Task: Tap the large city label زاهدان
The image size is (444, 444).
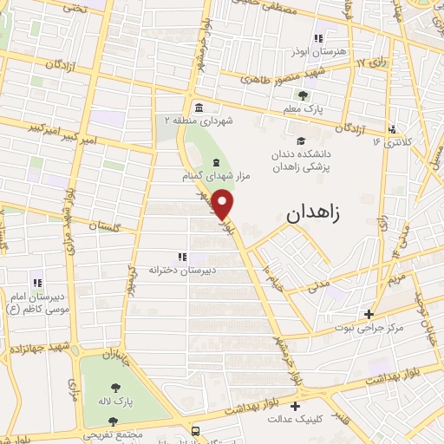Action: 316,211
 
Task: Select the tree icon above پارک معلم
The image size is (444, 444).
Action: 302,95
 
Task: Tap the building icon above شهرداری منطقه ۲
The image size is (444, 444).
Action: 199,108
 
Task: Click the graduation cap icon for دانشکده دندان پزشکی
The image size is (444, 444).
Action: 301,141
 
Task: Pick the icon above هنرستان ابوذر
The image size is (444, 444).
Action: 319,38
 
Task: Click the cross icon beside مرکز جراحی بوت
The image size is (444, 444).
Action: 369,314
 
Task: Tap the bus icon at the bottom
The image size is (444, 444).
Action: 196,431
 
